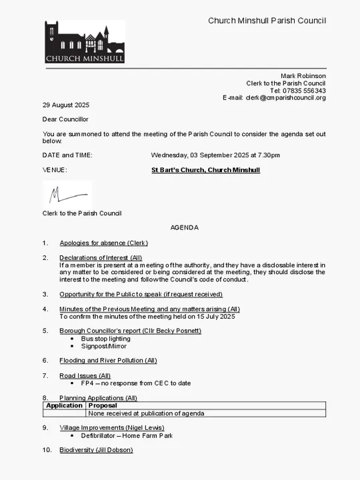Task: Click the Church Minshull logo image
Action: click(x=85, y=42)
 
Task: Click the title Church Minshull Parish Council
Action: click(x=267, y=21)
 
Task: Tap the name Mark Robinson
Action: click(x=303, y=76)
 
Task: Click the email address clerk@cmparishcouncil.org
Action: click(x=285, y=98)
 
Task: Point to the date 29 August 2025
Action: click(x=66, y=105)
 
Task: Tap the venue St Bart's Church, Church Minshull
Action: click(x=205, y=170)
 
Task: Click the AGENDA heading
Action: click(x=184, y=227)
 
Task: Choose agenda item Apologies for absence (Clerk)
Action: click(x=103, y=243)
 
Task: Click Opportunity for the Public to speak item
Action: click(x=141, y=294)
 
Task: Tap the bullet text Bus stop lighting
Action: click(x=106, y=339)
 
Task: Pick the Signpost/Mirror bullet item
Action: click(x=104, y=346)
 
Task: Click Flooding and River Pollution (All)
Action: click(x=108, y=361)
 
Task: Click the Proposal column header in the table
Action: click(x=103, y=405)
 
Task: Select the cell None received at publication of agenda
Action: click(x=146, y=413)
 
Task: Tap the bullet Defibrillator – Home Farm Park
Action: click(x=127, y=435)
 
